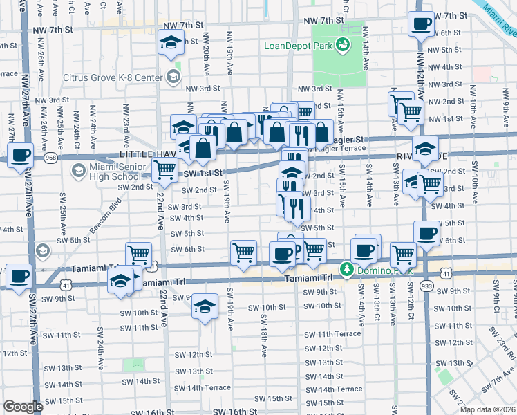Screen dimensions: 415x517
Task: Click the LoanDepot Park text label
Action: (x=298, y=46)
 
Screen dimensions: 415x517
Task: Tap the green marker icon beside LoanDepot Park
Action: (x=341, y=46)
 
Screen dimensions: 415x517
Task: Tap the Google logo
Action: (x=23, y=407)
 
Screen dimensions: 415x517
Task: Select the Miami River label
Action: (x=499, y=21)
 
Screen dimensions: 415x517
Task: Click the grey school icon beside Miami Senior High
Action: (x=77, y=170)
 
